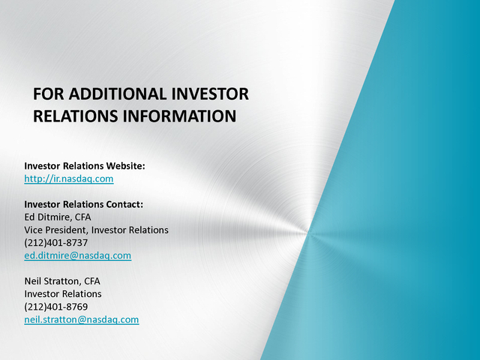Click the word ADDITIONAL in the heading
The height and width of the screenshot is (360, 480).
pyautogui.click(x=117, y=94)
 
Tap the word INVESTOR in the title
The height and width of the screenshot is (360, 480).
pyautogui.click(x=210, y=94)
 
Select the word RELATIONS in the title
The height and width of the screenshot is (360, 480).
pyautogui.click(x=75, y=116)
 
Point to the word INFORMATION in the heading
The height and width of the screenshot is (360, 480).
pyautogui.click(x=180, y=116)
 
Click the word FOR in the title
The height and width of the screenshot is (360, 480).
pyautogui.click(x=48, y=94)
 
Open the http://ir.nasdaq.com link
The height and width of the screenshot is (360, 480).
pyautogui.click(x=69, y=178)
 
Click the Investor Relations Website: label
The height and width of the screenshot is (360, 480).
pyautogui.click(x=85, y=166)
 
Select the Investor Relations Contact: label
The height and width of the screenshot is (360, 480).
pyautogui.click(x=83, y=204)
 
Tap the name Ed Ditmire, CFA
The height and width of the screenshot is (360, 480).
pyautogui.click(x=58, y=217)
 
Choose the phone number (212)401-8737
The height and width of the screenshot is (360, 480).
pyautogui.click(x=56, y=243)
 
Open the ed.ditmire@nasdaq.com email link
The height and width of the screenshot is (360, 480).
pyautogui.click(x=78, y=256)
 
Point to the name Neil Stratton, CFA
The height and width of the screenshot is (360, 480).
pyautogui.click(x=62, y=281)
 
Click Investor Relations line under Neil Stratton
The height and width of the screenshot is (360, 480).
pyautogui.click(x=63, y=294)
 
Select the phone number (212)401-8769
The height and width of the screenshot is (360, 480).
pyautogui.click(x=56, y=307)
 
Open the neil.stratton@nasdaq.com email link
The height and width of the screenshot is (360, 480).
pyautogui.click(x=82, y=319)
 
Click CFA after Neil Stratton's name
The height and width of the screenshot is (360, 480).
pyautogui.click(x=92, y=281)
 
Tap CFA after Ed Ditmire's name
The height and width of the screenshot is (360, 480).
pyautogui.click(x=83, y=217)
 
